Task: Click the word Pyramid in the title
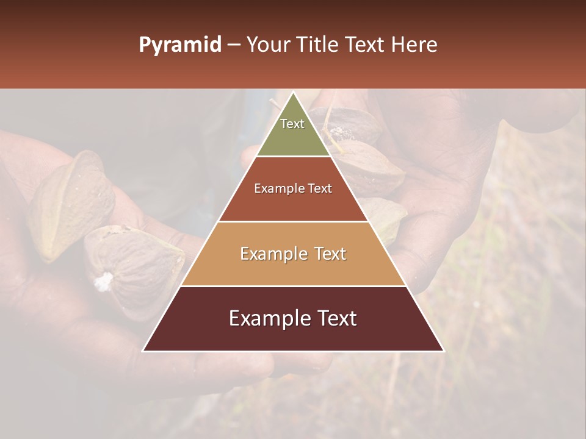click(x=179, y=45)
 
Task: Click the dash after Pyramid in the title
click(x=233, y=45)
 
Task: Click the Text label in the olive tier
click(x=292, y=124)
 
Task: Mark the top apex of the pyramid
click(x=293, y=93)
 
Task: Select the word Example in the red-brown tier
click(x=278, y=188)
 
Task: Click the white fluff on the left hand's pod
click(x=104, y=281)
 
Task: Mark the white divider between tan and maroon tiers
click(x=293, y=286)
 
